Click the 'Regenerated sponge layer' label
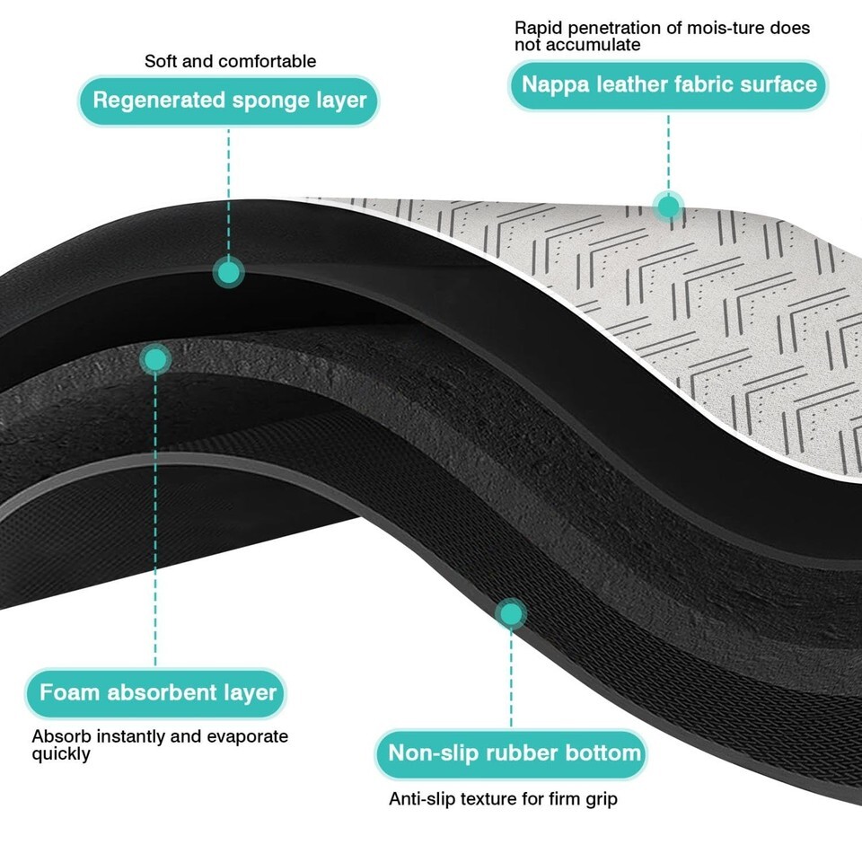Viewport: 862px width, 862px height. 229,100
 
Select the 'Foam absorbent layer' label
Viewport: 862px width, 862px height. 157,693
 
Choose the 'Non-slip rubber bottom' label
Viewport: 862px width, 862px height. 515,752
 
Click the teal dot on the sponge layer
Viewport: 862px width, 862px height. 229,270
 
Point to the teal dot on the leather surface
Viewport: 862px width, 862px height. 668,207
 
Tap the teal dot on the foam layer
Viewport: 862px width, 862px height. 156,360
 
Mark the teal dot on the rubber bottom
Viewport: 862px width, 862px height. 511,614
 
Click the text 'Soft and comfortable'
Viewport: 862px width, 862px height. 230,62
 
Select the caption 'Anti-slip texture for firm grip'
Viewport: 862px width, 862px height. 503,798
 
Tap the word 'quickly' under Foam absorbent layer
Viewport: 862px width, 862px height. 61,754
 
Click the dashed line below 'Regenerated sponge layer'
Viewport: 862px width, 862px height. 229,189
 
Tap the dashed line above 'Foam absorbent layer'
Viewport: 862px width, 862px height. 156,521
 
